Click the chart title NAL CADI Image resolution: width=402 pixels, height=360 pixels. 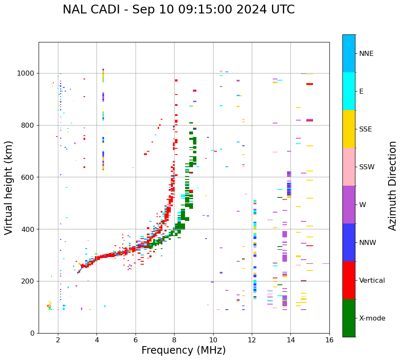(x=178, y=10)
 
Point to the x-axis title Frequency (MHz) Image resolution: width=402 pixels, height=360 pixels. (x=183, y=350)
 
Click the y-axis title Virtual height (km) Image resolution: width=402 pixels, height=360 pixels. (x=9, y=188)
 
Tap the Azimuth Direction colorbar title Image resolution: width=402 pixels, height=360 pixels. (x=392, y=186)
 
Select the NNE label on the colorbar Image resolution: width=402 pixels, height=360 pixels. (x=366, y=54)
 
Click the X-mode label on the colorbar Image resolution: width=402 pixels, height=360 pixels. (x=372, y=318)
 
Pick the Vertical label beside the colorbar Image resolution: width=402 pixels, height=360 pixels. (x=372, y=281)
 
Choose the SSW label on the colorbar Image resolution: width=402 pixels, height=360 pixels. (x=367, y=167)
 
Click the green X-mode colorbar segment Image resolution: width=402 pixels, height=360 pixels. (x=349, y=318)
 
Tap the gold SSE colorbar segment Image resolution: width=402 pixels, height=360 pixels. (x=349, y=129)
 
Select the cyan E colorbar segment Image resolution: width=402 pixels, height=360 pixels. (x=349, y=91)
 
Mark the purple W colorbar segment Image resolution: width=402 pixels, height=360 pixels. (x=349, y=205)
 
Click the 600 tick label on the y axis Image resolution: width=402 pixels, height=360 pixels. (x=29, y=177)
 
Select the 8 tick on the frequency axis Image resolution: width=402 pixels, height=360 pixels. (x=174, y=339)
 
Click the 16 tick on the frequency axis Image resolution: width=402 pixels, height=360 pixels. (x=329, y=339)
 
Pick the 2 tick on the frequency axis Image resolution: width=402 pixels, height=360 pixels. (x=58, y=339)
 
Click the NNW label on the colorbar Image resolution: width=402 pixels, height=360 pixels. (x=368, y=243)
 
